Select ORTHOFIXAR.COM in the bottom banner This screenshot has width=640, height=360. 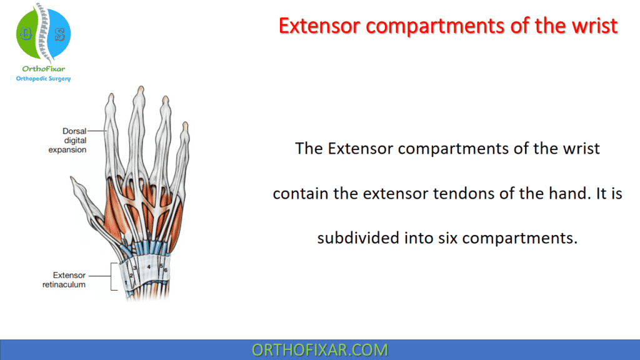[x=319, y=349]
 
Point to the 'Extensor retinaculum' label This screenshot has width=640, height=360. [x=69, y=279]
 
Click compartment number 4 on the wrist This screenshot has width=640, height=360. [x=148, y=266]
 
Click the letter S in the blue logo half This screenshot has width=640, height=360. [x=60, y=34]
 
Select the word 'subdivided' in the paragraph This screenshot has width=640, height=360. [x=352, y=238]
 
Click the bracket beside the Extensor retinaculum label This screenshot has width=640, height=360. [x=112, y=276]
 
